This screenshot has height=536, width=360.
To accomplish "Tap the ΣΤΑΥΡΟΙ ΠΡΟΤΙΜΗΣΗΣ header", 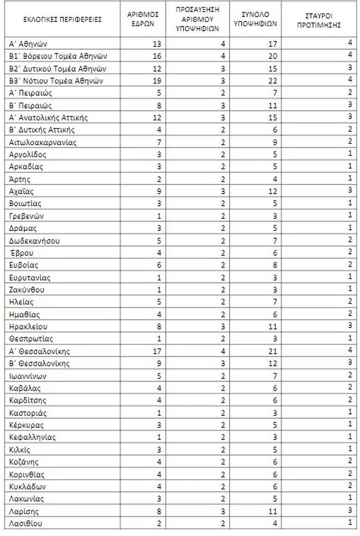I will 321,20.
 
